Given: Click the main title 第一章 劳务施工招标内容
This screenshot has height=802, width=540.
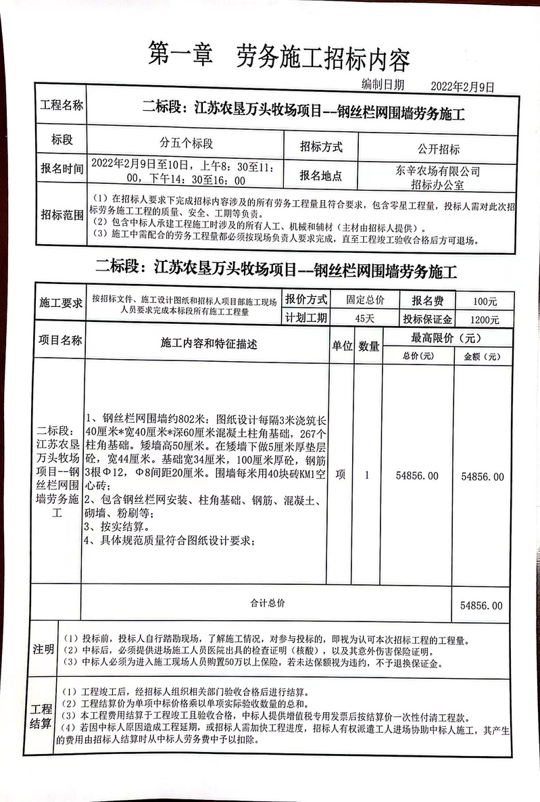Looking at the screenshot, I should pyautogui.click(x=278, y=60).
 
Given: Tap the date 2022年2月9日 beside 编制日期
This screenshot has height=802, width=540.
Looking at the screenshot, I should pyautogui.click(x=463, y=87).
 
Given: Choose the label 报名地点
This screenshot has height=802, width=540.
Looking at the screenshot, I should pyautogui.click(x=321, y=176).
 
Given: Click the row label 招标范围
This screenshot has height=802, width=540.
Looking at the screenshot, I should pyautogui.click(x=62, y=215).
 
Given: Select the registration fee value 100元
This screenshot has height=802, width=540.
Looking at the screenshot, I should pyautogui.click(x=485, y=302).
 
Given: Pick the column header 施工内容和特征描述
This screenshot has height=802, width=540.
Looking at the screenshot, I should pyautogui.click(x=209, y=344).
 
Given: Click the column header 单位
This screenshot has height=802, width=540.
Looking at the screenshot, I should pyautogui.click(x=341, y=346).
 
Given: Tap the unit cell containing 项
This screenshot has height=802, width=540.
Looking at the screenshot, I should pyautogui.click(x=340, y=475).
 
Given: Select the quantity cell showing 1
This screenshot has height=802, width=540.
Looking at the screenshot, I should pyautogui.click(x=367, y=475).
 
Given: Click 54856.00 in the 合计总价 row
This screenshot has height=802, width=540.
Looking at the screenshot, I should pyautogui.click(x=482, y=605).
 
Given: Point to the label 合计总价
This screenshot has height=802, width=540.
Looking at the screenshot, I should pyautogui.click(x=268, y=602).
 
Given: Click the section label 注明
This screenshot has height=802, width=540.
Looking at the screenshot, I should pyautogui.click(x=43, y=650).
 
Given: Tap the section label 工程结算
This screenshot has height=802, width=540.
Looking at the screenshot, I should pyautogui.click(x=42, y=717).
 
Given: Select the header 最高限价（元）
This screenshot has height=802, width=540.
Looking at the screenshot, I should pyautogui.click(x=446, y=337).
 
